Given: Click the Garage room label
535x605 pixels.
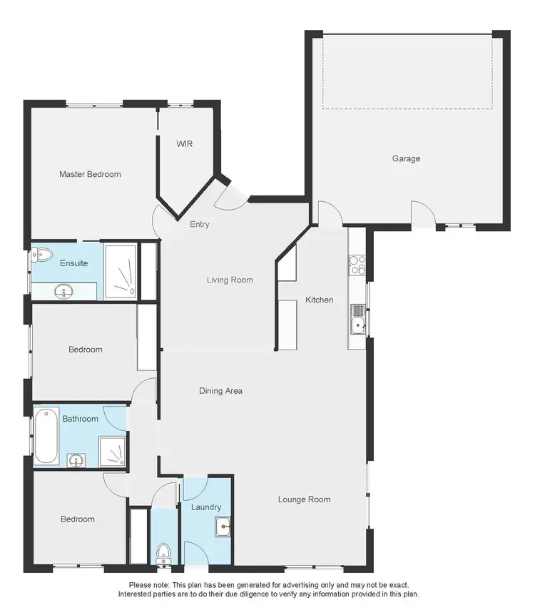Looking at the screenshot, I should pyautogui.click(x=406, y=158).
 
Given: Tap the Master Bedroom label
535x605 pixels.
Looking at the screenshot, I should pyautogui.click(x=90, y=174).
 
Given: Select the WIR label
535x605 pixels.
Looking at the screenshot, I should pyautogui.click(x=185, y=143).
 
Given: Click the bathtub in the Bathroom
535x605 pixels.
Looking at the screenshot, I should pyautogui.click(x=47, y=435).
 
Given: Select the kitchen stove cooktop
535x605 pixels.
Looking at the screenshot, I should pyautogui.click(x=357, y=265).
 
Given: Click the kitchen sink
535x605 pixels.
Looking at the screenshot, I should pyautogui.click(x=357, y=318).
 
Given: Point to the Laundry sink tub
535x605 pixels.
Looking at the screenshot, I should pyautogui.click(x=222, y=527).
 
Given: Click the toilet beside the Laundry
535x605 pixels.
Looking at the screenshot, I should pyautogui.click(x=164, y=552).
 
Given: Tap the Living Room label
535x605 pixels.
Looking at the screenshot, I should pyautogui.click(x=230, y=280).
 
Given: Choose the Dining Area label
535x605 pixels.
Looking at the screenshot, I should pyautogui.click(x=220, y=390).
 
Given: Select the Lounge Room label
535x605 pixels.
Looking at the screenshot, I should pyautogui.click(x=304, y=499).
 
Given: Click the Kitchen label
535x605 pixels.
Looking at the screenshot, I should pyautogui.click(x=319, y=300).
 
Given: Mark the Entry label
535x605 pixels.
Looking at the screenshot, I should pyautogui.click(x=199, y=224).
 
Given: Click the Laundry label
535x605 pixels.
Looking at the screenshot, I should pyautogui.click(x=206, y=507).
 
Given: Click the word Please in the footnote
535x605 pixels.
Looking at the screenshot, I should pyautogui.click(x=141, y=585).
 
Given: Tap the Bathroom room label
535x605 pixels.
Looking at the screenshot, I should pyautogui.click(x=80, y=419).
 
